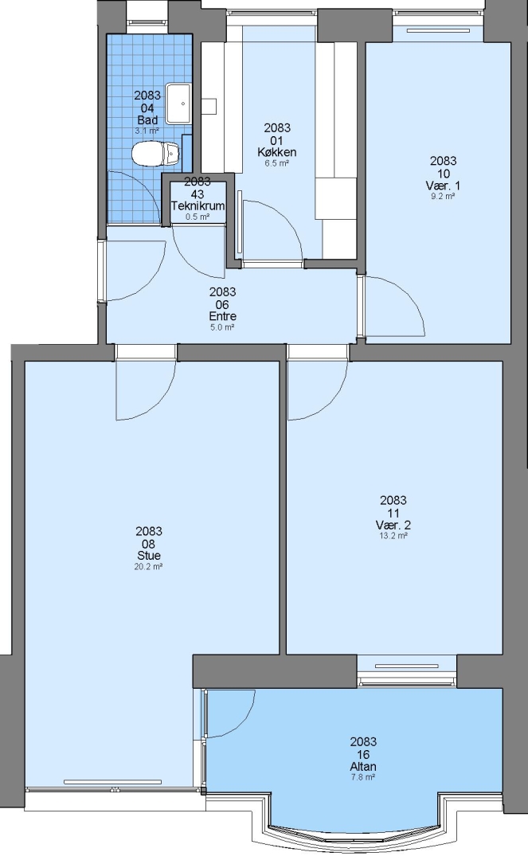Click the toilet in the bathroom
coord(156,153)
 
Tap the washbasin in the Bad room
coord(178,103)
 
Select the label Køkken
coord(277,152)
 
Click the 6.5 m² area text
coord(277,163)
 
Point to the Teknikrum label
coord(198,206)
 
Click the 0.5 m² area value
coord(198,217)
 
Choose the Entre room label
coord(223,316)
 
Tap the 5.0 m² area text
coord(223,327)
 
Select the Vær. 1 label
coord(443,186)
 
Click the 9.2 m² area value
coord(443,196)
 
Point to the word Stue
coord(149,556)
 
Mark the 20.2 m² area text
coord(149,567)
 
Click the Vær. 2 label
coord(393,525)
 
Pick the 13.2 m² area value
coord(393,536)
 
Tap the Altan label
coord(363,766)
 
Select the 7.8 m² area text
coord(363,777)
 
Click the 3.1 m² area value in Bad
coord(147,131)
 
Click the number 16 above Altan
coord(363,754)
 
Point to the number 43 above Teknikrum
coord(198,194)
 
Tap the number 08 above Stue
coord(149,544)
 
